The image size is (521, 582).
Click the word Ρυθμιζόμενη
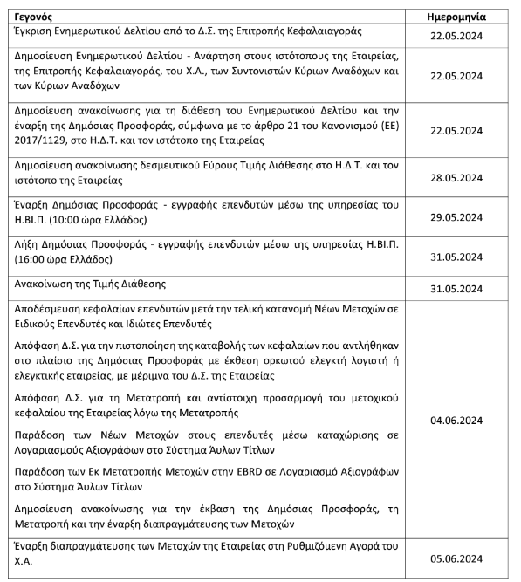(x=326, y=545)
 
